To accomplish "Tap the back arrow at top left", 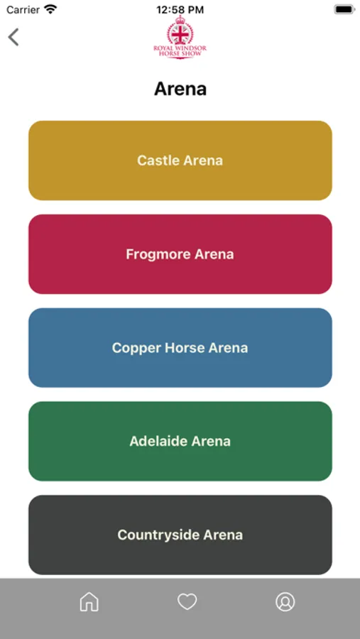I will coord(13,37).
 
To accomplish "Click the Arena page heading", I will coord(180,89).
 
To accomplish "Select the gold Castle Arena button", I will coord(180,160).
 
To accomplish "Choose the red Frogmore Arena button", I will coord(180,254).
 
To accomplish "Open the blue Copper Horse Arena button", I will coord(180,348).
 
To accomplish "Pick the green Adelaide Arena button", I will coord(180,441).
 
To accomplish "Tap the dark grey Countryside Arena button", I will coord(180,535).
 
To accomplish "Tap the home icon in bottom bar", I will coord(89,601).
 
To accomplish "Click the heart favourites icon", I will coord(187,601).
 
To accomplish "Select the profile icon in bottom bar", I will coord(285,601).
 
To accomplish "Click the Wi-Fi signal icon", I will coord(50,10).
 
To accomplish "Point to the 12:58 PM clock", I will coord(180,10).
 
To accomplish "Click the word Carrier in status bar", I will coord(23,10).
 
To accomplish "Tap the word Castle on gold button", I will coord(157,160).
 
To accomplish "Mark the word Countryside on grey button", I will coord(158,535).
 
